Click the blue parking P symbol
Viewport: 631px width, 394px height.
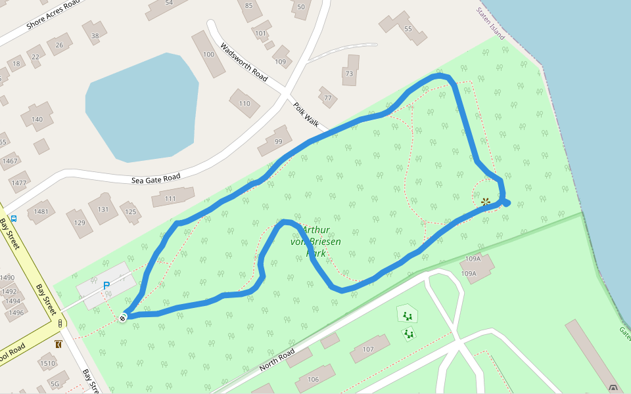106,286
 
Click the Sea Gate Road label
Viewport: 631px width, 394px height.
156,179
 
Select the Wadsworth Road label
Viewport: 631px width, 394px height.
244,62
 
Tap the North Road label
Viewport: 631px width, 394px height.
277,359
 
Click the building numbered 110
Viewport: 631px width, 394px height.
245,103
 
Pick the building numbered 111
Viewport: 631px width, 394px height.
170,198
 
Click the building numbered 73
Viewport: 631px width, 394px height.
349,74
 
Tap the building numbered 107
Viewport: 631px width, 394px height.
368,349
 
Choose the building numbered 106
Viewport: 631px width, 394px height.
313,380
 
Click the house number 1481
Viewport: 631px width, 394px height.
41,211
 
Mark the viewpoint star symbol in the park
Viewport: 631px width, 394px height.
485,202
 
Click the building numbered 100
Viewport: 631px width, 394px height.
209,54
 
